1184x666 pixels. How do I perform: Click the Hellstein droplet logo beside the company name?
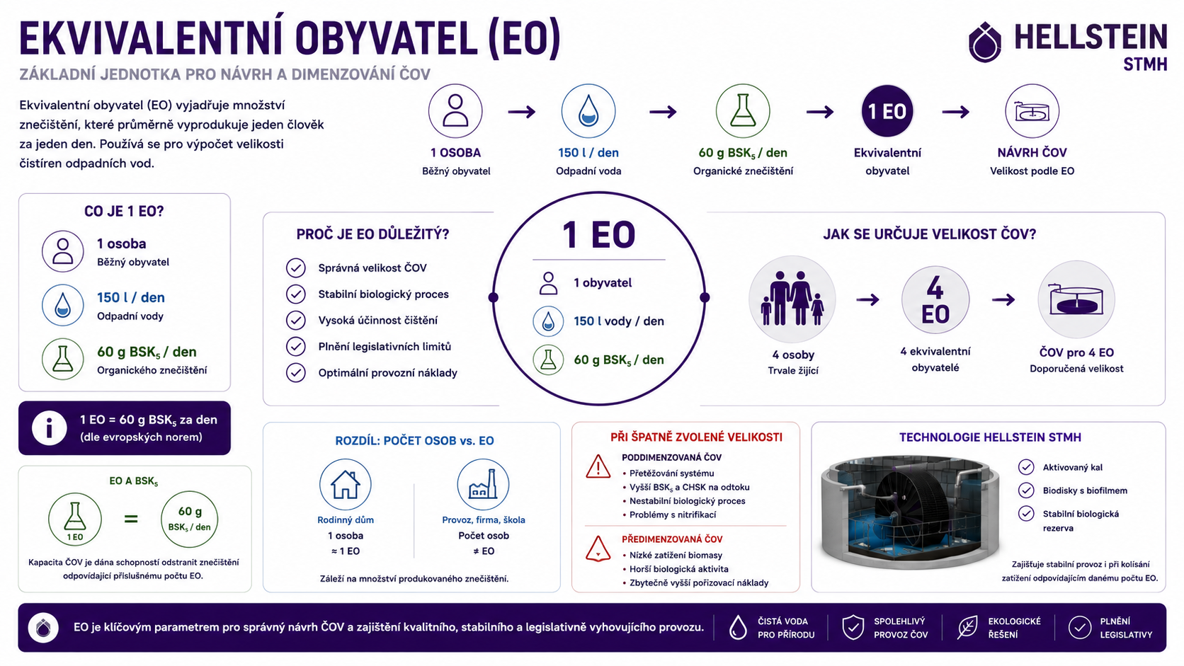(x=985, y=42)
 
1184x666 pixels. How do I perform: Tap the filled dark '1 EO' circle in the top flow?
(x=887, y=111)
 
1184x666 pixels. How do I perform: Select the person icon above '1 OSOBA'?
(x=455, y=111)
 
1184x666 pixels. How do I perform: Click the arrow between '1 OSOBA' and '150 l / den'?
(x=522, y=111)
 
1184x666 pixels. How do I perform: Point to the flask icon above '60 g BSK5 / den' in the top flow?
(x=743, y=111)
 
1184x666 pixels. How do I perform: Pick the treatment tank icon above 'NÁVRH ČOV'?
(x=1032, y=111)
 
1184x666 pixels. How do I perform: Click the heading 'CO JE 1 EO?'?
(x=124, y=211)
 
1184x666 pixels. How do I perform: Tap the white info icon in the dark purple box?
(x=49, y=427)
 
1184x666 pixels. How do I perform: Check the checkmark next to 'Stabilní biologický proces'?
(x=296, y=294)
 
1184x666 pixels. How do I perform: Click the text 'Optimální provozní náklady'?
(x=387, y=373)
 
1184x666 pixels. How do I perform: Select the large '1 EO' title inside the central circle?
(x=598, y=234)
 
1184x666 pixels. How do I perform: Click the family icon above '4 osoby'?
(x=792, y=299)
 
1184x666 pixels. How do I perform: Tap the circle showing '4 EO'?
(x=935, y=300)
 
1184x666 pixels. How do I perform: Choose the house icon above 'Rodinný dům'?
(x=345, y=484)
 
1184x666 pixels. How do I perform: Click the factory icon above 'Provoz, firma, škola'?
(x=483, y=484)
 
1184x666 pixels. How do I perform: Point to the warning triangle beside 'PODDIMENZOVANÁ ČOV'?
(x=598, y=467)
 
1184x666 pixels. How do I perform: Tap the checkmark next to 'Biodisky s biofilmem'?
(x=1026, y=490)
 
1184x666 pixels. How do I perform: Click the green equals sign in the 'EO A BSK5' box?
(x=131, y=519)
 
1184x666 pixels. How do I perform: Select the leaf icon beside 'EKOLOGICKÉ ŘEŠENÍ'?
(x=967, y=628)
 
